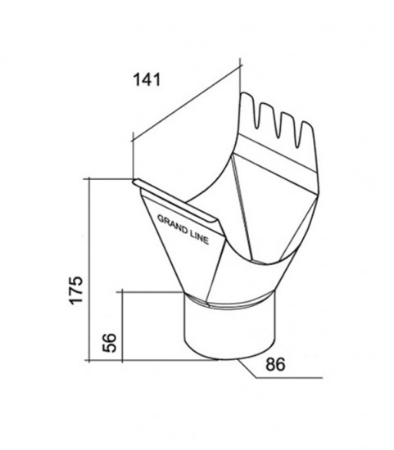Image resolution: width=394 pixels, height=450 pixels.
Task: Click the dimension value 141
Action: [x=147, y=79]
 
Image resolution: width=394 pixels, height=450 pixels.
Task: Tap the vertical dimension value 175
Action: [x=76, y=290]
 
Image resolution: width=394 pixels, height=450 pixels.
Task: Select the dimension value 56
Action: [x=110, y=342]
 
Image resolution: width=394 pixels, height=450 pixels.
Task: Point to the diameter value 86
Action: [x=275, y=364]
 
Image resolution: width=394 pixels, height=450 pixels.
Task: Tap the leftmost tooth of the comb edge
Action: [x=247, y=108]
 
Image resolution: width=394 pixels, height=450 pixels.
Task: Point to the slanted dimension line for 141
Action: [x=186, y=104]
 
